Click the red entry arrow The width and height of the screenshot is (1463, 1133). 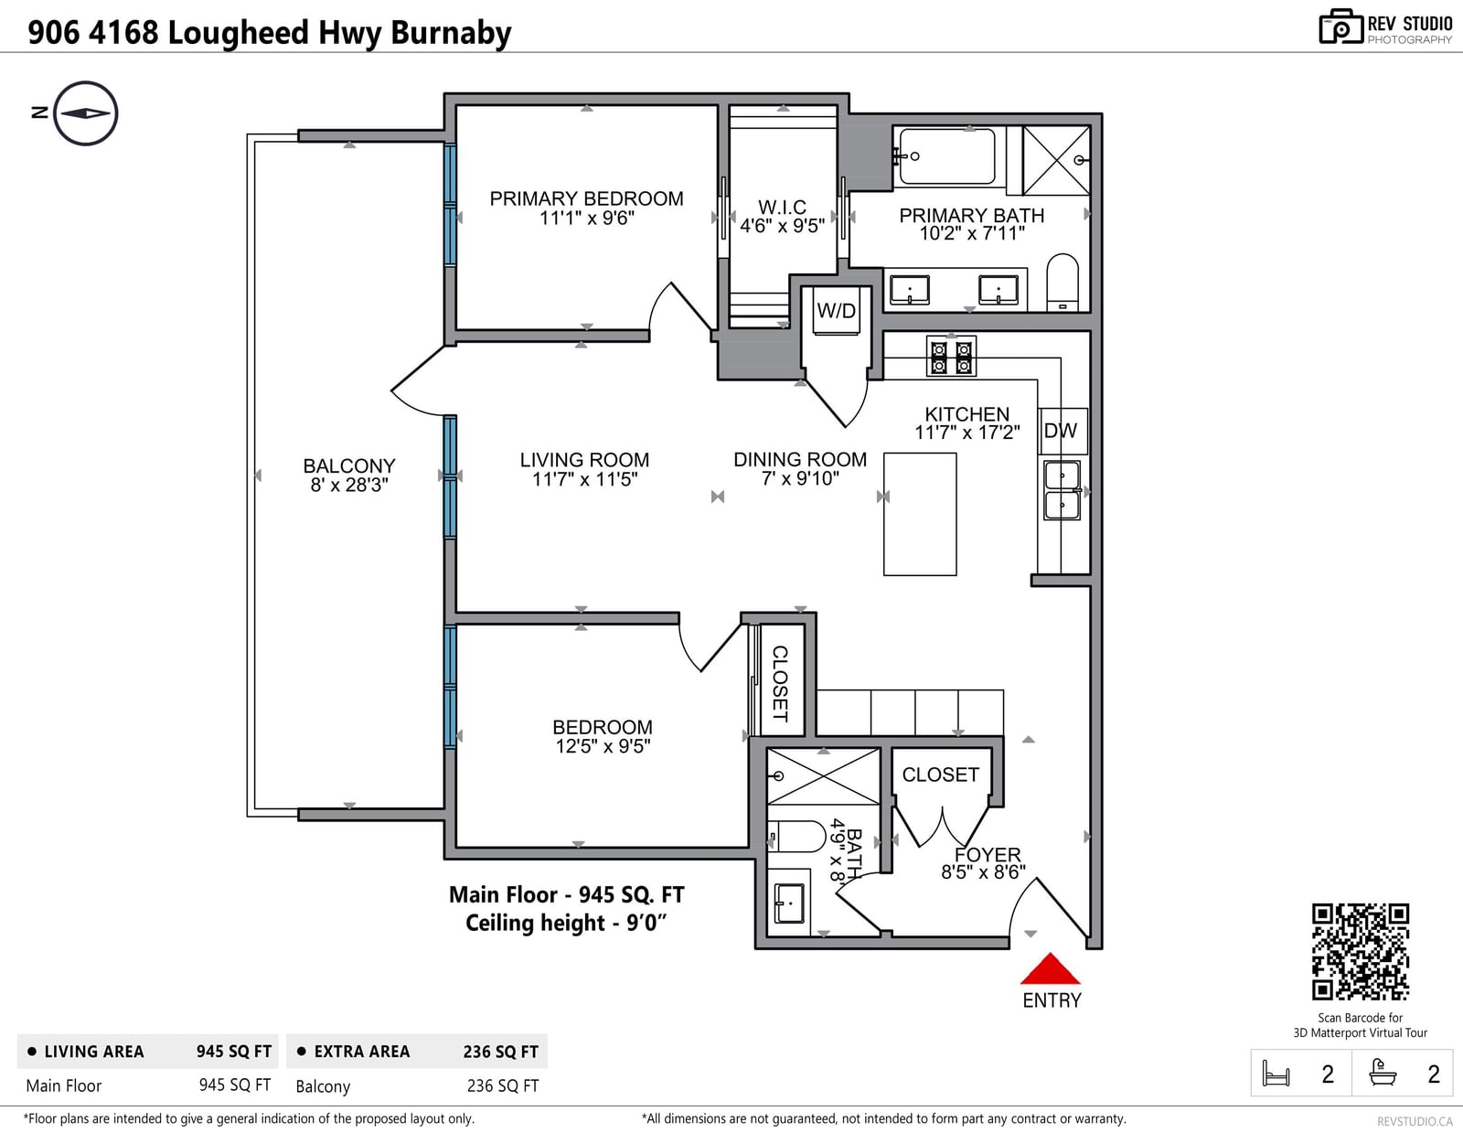pos(1050,969)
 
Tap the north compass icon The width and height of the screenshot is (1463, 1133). pos(86,113)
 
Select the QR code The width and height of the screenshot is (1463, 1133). pos(1360,952)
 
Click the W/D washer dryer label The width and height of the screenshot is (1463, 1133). pos(836,310)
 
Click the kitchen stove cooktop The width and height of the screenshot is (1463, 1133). pos(951,356)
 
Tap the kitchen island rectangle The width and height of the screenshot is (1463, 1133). pos(920,514)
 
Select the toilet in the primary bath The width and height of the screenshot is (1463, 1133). pos(1063,282)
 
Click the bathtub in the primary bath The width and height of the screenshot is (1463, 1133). pos(946,156)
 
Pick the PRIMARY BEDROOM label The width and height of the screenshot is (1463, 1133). pos(586,198)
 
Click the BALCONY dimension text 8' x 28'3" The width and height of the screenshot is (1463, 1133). pos(348,485)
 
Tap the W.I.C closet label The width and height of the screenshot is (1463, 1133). pos(782,207)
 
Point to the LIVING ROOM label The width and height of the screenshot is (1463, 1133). pos(584,460)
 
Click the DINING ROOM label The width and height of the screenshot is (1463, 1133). pos(800,459)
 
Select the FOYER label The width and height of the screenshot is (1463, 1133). pos(988,854)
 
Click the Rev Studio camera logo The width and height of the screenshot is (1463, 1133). pos(1340,27)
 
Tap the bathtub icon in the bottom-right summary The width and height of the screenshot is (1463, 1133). pos(1383,1073)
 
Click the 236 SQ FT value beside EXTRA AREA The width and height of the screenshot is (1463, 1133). pos(500,1052)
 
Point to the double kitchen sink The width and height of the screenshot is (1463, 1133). pos(1063,490)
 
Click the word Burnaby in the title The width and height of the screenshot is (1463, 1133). pos(451,33)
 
